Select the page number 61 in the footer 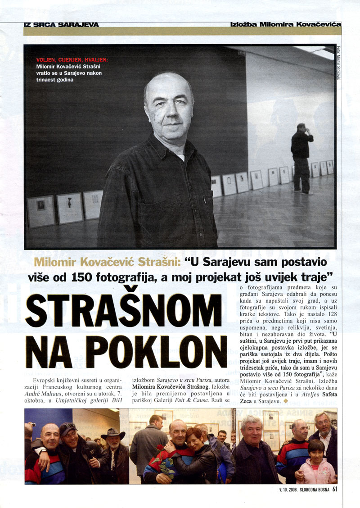coord(335,490)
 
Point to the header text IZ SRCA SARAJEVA coord(61,25)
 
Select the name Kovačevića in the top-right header coord(315,24)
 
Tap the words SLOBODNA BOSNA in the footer coord(313,491)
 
